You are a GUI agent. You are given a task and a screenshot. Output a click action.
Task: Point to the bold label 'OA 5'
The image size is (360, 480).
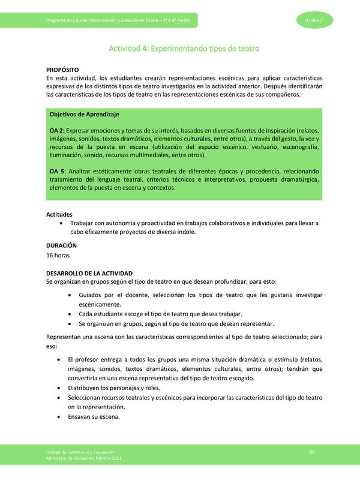[x=56, y=172]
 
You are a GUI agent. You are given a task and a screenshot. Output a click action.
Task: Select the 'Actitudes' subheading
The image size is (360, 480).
[x=59, y=214]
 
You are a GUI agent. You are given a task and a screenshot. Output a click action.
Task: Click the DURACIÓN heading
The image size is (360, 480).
[x=61, y=245]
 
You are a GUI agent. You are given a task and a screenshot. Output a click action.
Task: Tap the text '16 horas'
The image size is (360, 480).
[x=58, y=255]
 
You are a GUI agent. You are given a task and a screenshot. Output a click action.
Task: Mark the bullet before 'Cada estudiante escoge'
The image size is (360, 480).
[x=72, y=314]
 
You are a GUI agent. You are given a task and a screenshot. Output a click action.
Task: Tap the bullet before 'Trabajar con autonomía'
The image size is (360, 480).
[x=63, y=223]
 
